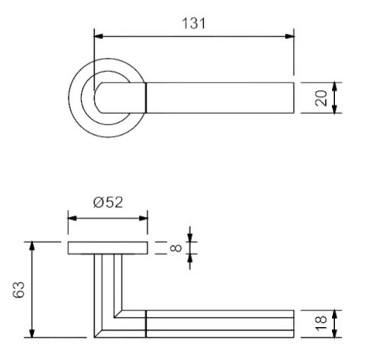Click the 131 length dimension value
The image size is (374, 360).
pyautogui.click(x=193, y=23)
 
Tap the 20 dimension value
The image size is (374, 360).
pyautogui.click(x=321, y=97)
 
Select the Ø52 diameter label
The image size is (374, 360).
pyautogui.click(x=108, y=202)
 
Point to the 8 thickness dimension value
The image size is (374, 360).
pyautogui.click(x=176, y=247)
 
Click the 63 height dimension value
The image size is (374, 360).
pyautogui.click(x=19, y=289)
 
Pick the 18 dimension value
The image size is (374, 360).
pyautogui.click(x=321, y=323)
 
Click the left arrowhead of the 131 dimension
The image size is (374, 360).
pyautogui.click(x=98, y=36)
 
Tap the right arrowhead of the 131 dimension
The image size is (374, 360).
pyautogui.click(x=289, y=36)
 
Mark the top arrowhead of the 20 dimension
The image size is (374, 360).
pyautogui.click(x=335, y=86)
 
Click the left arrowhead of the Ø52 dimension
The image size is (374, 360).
pyautogui.click(x=72, y=218)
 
